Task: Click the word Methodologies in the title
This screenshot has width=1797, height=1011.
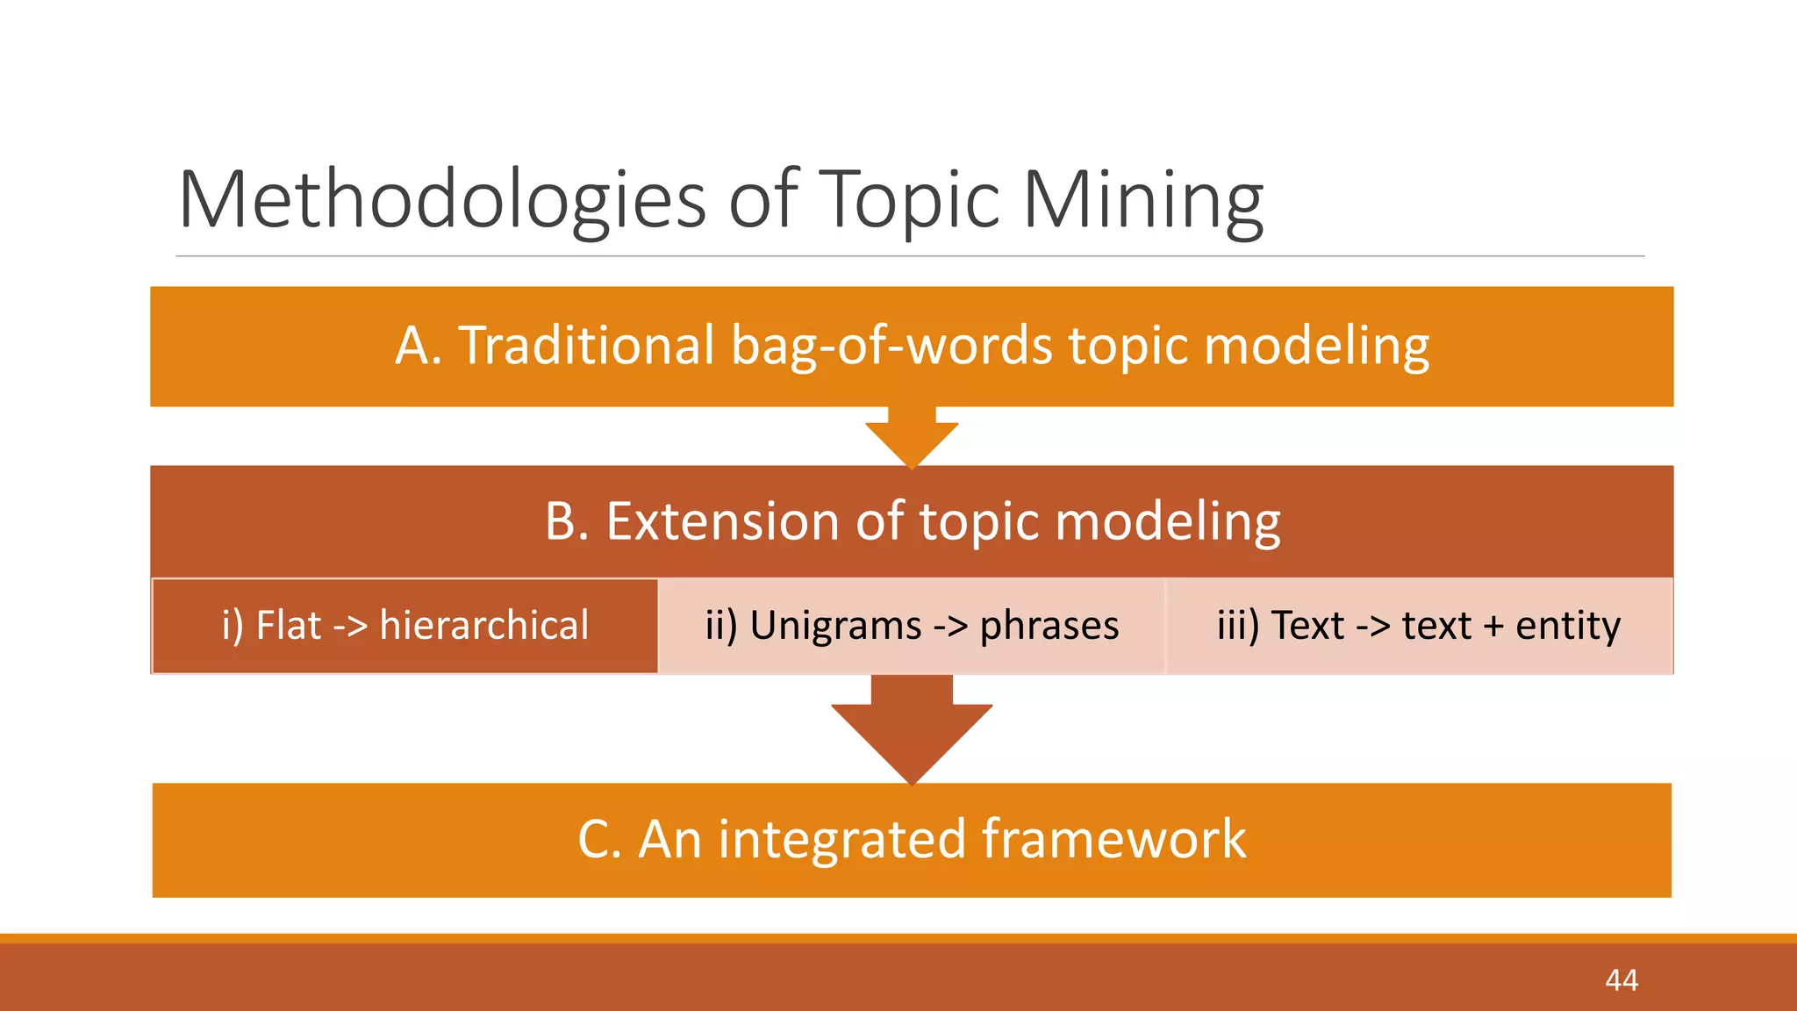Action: tap(441, 200)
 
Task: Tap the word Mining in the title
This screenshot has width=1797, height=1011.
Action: tap(1142, 200)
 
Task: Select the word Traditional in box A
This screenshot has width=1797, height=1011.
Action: tap(586, 345)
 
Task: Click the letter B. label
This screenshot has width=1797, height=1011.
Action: tap(567, 521)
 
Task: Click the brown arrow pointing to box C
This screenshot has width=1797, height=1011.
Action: tap(912, 728)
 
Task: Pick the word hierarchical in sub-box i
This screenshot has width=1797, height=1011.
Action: tap(483, 626)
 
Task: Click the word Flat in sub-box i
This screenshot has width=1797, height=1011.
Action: tap(289, 626)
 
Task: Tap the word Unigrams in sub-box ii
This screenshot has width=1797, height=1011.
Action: tap(835, 626)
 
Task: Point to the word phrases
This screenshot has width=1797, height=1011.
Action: tap(1049, 626)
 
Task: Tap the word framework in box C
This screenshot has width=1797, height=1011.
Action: tap(1113, 839)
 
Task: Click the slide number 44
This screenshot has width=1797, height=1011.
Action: tap(1621, 979)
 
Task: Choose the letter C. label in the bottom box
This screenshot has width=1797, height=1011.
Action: tap(599, 839)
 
